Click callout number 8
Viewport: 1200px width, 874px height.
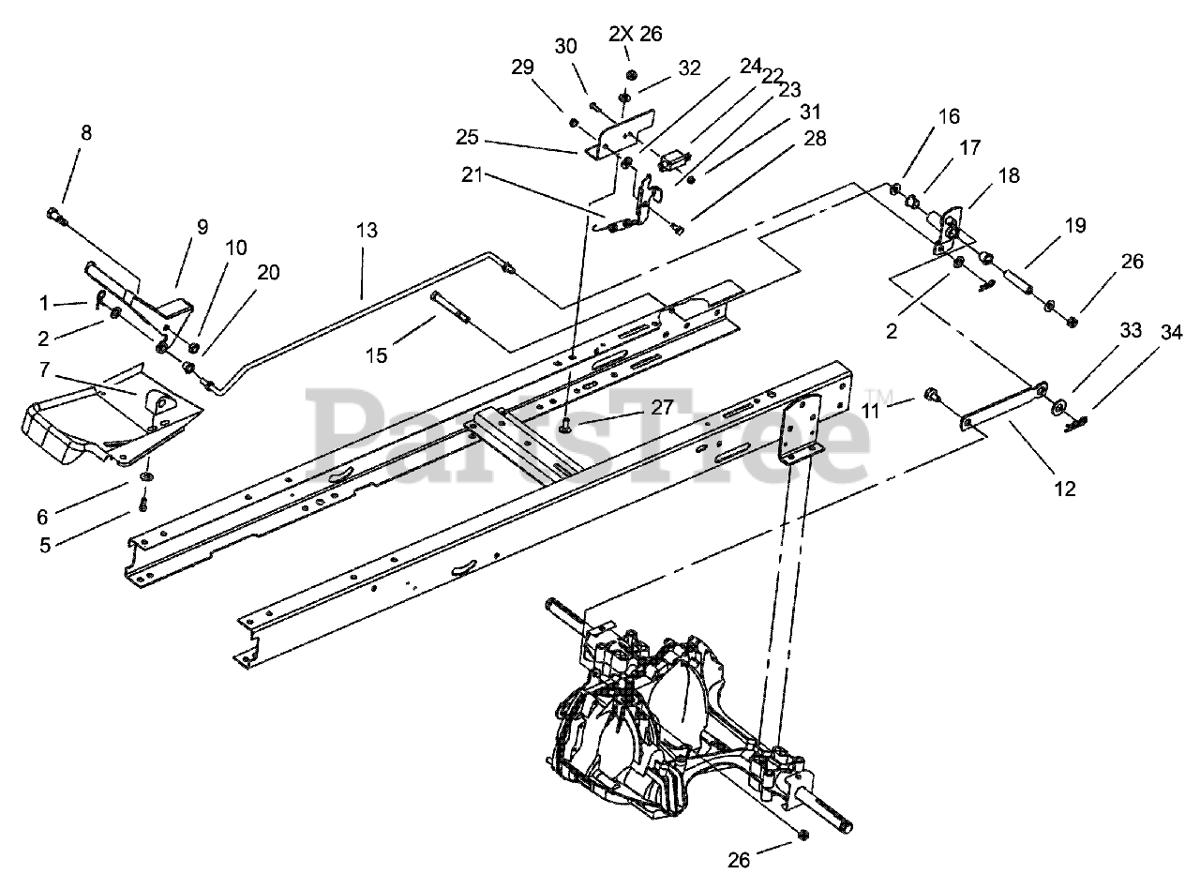point(86,132)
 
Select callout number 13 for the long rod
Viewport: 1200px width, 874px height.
point(367,231)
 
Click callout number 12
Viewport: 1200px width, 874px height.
point(1065,489)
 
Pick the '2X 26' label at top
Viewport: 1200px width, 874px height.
point(636,34)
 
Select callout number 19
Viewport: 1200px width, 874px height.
point(1074,225)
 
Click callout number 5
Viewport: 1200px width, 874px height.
point(45,545)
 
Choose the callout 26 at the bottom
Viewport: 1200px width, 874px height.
point(739,860)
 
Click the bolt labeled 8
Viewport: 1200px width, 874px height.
point(52,215)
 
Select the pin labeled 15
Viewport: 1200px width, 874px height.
point(451,308)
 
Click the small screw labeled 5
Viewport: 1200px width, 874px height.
point(143,504)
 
